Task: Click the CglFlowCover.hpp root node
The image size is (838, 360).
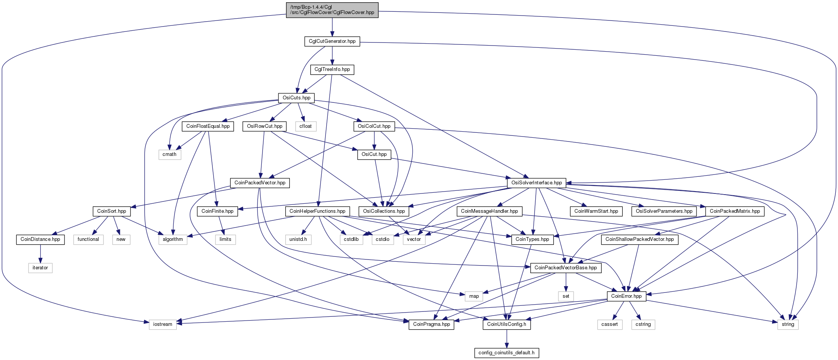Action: pyautogui.click(x=332, y=10)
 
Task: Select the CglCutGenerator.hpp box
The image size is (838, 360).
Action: pyautogui.click(x=332, y=41)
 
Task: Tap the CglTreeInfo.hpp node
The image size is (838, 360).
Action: pyautogui.click(x=332, y=69)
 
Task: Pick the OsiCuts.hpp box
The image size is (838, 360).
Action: pyautogui.click(x=296, y=98)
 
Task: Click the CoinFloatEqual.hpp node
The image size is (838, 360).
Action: pyautogui.click(x=208, y=126)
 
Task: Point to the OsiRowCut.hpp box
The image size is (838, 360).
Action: pyautogui.click(x=265, y=126)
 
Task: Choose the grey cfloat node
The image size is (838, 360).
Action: pyautogui.click(x=305, y=126)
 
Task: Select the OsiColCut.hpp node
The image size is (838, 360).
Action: pyautogui.click(x=374, y=126)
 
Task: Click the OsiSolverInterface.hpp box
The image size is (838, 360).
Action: pyautogui.click(x=537, y=183)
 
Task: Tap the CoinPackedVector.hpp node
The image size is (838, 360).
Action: pyautogui.click(x=260, y=183)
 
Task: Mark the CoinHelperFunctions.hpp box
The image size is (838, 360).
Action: pyautogui.click(x=318, y=211)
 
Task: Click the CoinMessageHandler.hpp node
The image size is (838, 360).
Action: pyautogui.click(x=489, y=211)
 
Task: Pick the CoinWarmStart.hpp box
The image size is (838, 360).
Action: pyautogui.click(x=596, y=211)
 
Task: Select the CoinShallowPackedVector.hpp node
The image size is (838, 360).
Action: pyautogui.click(x=640, y=239)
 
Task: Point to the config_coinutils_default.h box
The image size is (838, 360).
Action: pyautogui.click(x=506, y=353)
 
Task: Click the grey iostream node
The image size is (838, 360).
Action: pyautogui.click(x=163, y=324)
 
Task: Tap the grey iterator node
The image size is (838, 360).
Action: pyautogui.click(x=40, y=268)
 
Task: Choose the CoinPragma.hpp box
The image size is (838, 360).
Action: pyautogui.click(x=431, y=324)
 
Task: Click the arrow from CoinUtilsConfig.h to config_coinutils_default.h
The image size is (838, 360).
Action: pyautogui.click(x=506, y=339)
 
